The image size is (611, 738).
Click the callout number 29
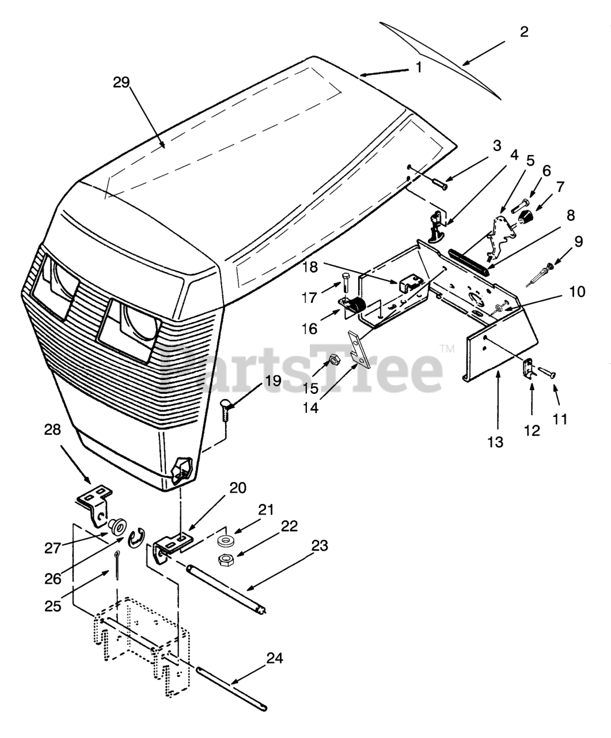tap(122, 82)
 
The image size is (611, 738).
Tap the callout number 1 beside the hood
tap(419, 67)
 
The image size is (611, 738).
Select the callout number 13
tap(495, 442)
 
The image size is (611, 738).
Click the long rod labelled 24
tap(230, 686)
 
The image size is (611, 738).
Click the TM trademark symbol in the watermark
tap(447, 349)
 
